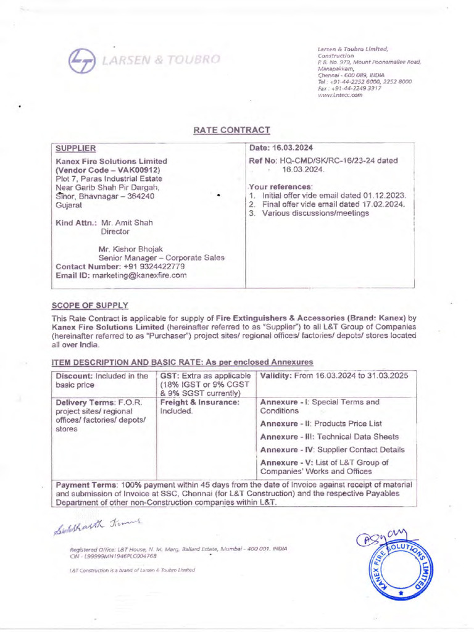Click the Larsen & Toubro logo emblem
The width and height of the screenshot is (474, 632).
[80, 60]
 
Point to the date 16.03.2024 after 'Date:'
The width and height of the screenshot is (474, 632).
[294, 148]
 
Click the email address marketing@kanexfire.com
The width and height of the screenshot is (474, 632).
[139, 275]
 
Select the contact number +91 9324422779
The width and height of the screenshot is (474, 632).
[150, 266]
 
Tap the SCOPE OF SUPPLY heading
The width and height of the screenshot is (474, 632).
[90, 306]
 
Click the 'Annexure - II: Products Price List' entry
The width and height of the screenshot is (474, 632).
[321, 423]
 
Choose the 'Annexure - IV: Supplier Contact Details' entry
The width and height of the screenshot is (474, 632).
[332, 449]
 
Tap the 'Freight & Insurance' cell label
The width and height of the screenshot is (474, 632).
[199, 402]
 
